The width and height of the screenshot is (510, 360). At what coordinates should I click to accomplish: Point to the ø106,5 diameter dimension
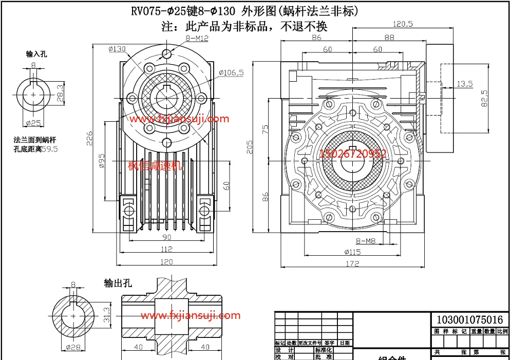231,73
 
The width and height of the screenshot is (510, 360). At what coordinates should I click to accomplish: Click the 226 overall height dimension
89,138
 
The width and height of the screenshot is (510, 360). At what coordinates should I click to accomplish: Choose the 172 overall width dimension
352,264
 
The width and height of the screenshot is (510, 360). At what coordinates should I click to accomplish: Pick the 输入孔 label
36,54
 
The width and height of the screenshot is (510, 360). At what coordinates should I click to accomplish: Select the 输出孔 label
118,283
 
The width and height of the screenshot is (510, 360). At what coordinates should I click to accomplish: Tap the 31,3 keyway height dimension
106,314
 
